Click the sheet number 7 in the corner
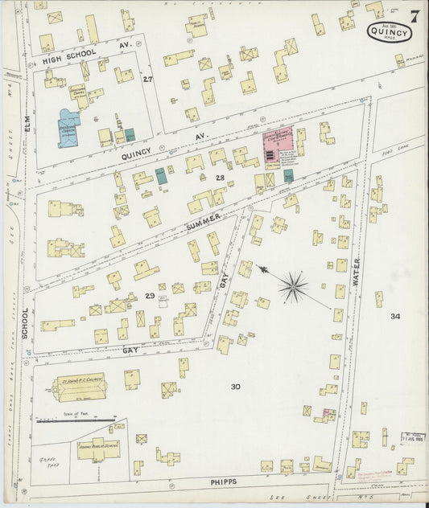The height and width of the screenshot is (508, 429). coord(414,15)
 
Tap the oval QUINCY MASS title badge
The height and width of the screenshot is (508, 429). coord(390,33)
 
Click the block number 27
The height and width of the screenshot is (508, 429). coord(147,79)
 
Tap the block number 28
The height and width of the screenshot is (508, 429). coord(220,178)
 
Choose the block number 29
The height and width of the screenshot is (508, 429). coord(150,296)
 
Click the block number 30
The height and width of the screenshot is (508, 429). coord(235,387)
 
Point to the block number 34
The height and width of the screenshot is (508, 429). coord(394,316)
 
